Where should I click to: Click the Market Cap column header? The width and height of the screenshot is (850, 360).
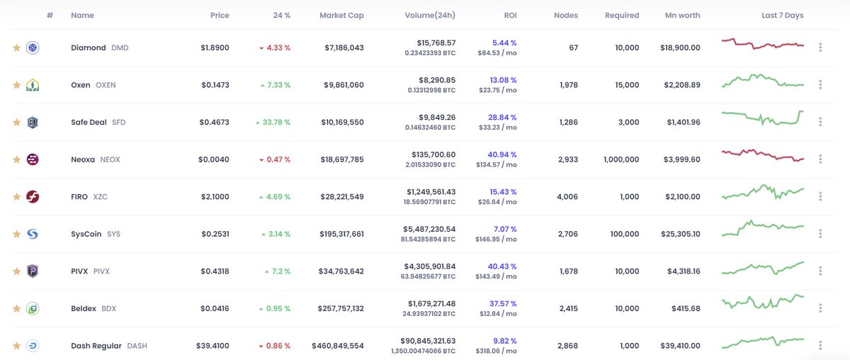coord(341,15)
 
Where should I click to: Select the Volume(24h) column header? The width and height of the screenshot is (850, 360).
coord(430,15)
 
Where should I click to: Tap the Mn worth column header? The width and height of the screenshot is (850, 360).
coord(682,15)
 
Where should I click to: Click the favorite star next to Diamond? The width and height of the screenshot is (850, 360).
coord(17,47)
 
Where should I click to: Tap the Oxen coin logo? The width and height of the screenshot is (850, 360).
coord(33,84)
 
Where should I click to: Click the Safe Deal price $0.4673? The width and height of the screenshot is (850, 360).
coord(215,123)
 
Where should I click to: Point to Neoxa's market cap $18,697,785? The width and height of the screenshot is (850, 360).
coord(342,159)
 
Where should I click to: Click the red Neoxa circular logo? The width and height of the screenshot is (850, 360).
coord(33,159)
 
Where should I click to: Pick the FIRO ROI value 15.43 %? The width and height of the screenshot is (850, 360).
coord(503,192)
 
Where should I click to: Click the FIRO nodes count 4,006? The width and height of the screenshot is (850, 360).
coord(567,197)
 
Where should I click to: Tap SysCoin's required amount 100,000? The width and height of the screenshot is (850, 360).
coord(625,234)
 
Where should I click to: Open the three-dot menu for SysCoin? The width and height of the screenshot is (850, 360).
coord(820,234)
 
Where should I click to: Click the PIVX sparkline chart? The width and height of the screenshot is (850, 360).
coord(763,268)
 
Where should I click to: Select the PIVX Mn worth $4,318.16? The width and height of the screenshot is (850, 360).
coord(684,271)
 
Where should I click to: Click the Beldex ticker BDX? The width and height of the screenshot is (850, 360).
coord(109,308)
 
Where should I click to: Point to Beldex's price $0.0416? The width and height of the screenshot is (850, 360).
coord(215,308)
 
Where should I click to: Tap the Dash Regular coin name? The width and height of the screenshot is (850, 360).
coord(96,346)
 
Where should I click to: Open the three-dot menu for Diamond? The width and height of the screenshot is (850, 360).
coord(820,47)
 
